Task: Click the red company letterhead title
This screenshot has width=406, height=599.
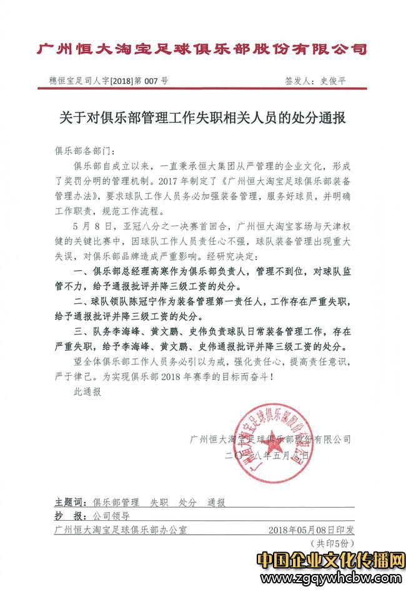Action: (202, 48)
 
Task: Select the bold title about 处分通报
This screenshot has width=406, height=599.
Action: (203, 118)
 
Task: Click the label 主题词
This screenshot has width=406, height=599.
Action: (68, 502)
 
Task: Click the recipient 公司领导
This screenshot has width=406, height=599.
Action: (111, 516)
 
